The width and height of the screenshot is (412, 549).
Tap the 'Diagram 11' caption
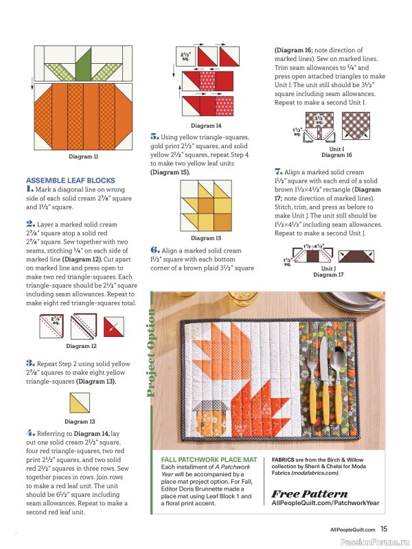coord(83,156)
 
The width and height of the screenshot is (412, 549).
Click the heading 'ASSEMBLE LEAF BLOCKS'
coord(71,180)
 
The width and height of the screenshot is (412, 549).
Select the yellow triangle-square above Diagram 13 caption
coord(80,403)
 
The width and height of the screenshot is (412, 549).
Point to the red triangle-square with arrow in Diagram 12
coord(114,327)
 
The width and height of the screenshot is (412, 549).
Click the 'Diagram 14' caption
coord(206,126)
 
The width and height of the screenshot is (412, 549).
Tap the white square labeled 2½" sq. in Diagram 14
coord(185,56)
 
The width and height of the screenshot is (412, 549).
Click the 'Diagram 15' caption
coord(206,238)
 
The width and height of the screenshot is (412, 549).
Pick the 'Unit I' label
coord(336,149)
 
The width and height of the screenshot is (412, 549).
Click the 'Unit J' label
coord(329,268)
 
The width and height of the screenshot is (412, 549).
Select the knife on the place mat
coord(325,381)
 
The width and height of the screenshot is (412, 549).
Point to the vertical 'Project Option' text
coord(151,353)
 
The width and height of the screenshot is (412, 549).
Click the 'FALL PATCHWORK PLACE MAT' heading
coord(209,460)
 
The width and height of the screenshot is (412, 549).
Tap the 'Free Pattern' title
coord(310,494)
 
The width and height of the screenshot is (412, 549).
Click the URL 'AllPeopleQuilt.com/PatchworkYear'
coord(325,503)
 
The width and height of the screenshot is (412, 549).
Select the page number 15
coord(384,528)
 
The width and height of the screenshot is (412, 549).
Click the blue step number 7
coord(279,172)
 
